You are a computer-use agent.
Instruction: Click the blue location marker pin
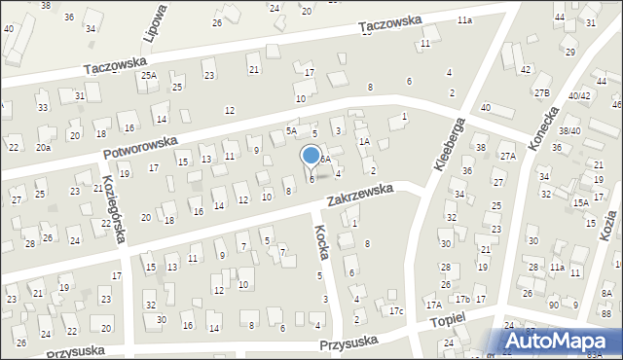(x=311, y=157)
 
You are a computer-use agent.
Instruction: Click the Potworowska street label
(x=140, y=149)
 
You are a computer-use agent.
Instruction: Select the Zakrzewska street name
(x=360, y=197)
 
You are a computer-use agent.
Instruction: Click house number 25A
(x=148, y=75)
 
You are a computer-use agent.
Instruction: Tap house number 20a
(x=43, y=147)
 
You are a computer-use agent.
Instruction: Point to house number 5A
(x=290, y=130)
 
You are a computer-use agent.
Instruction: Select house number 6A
(x=326, y=158)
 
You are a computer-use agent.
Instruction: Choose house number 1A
(x=364, y=141)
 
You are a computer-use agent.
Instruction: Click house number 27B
(x=541, y=92)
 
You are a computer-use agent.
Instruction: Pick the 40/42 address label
(x=579, y=95)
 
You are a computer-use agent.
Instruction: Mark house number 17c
(x=396, y=310)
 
